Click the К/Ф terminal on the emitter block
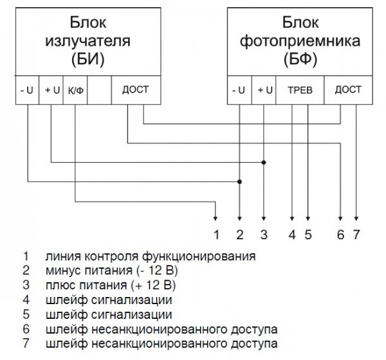pos(75,91)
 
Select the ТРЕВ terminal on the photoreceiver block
pos(300,91)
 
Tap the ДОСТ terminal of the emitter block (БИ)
pos(135,90)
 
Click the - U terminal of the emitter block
pos(28,91)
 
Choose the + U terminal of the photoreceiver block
pos(262,91)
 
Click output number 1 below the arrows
pos(217,234)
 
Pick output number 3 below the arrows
pos(262,234)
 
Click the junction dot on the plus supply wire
pos(262,162)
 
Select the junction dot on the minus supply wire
pos(240,182)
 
